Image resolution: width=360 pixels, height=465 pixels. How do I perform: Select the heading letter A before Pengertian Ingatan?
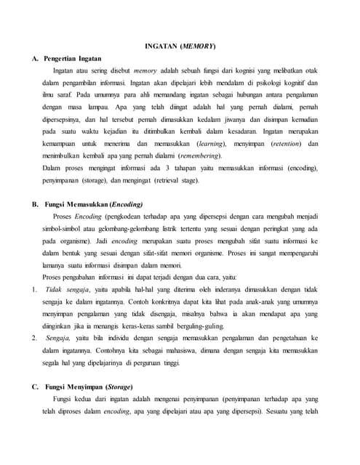click(x=35, y=57)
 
